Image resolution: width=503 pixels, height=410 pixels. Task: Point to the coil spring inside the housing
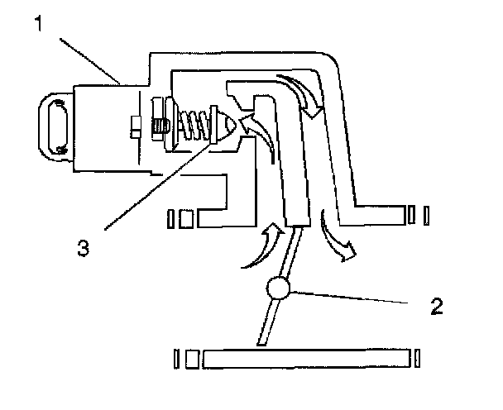(x=194, y=125)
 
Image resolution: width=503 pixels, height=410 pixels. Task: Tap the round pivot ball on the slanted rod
(x=277, y=288)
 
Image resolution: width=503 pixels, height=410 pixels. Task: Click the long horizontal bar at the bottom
(x=306, y=359)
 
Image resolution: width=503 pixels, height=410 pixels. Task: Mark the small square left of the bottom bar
(x=192, y=359)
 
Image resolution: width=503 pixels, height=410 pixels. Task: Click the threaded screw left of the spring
(x=161, y=126)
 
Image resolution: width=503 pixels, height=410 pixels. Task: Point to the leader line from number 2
(x=356, y=297)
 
